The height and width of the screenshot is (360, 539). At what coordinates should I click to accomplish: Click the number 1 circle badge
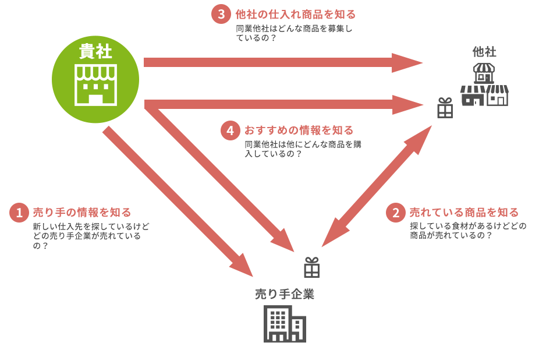pos(19,213)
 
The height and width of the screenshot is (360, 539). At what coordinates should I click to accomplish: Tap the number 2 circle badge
pos(396,213)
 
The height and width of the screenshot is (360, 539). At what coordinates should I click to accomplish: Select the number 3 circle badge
pos(221,14)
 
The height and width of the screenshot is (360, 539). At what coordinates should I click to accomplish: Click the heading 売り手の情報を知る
pos(82,213)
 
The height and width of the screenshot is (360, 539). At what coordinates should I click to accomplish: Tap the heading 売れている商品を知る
pos(464,213)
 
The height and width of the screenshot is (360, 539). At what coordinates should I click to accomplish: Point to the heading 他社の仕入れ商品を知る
pos(296,14)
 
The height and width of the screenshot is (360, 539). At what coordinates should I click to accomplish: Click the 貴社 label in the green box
pos(95,51)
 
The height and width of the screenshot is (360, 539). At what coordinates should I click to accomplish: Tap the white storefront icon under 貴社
pos(95,85)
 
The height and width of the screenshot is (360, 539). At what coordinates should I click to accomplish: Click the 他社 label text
pos(484,51)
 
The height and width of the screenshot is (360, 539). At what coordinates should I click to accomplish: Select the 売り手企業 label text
pos(285,294)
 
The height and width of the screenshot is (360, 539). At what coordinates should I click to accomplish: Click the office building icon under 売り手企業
pos(285,323)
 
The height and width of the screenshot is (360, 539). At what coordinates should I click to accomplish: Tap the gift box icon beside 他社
pos(445,108)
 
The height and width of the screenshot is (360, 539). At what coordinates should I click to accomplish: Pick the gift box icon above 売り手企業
pos(312,267)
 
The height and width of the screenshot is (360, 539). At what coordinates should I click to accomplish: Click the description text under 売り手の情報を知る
pos(91,236)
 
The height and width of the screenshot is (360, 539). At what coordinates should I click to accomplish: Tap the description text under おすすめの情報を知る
pos(303,149)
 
